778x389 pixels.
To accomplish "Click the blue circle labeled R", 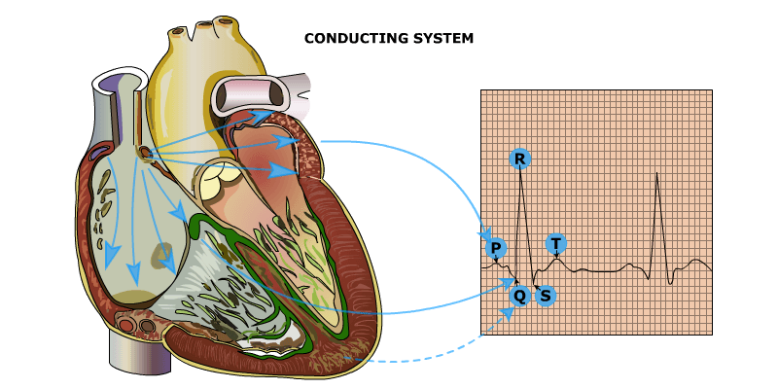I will (x=520, y=159).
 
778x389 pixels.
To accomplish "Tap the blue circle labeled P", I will (x=496, y=248).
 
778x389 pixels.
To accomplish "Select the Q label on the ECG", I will (x=519, y=295).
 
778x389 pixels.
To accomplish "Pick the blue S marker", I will (x=545, y=295).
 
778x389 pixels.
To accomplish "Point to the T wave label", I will (x=555, y=243).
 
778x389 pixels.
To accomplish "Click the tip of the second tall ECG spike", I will (x=657, y=174).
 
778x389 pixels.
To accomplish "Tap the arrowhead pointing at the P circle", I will (x=485, y=236).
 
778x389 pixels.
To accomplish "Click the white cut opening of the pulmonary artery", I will (x=252, y=95).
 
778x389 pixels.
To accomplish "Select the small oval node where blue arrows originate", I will (x=145, y=153).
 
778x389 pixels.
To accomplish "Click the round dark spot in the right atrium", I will (x=163, y=256).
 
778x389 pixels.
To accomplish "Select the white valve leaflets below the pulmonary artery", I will (x=220, y=181).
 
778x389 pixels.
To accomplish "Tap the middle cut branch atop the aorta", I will (x=204, y=23).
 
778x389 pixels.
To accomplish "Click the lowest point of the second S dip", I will (x=670, y=284).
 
